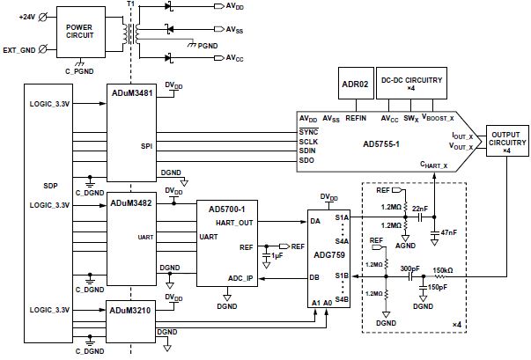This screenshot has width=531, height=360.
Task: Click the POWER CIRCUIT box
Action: pyautogui.click(x=81, y=32)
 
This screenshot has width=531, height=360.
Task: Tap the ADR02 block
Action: pyautogui.click(x=356, y=84)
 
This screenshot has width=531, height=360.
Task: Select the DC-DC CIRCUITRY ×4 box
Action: pyautogui.click(x=411, y=84)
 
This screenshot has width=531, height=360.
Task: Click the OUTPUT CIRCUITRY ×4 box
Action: pyautogui.click(x=507, y=141)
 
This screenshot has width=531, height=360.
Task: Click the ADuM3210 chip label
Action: pyautogui.click(x=130, y=310)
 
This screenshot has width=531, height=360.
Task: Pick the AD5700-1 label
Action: pyautogui.click(x=227, y=209)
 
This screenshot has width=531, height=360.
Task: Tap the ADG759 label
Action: pyautogui.click(x=329, y=254)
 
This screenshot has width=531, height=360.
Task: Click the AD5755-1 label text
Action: pyautogui.click(x=381, y=144)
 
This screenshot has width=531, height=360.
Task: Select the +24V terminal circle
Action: pyautogui.click(x=42, y=17)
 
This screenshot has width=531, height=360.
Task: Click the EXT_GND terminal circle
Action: pyautogui.click(x=42, y=50)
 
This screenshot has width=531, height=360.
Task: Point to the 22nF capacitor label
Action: pyautogui.click(x=419, y=209)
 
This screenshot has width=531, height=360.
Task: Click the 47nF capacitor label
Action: pyautogui.click(x=449, y=232)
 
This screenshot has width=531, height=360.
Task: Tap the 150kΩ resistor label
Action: pyautogui.click(x=443, y=270)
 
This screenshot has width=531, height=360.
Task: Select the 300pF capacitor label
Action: pyautogui.click(x=409, y=268)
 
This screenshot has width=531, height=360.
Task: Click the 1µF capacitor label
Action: pyautogui.click(x=277, y=256)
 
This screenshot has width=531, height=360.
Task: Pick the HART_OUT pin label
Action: pyautogui.click(x=234, y=223)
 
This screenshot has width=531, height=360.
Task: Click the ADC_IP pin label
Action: pyautogui.click(x=240, y=278)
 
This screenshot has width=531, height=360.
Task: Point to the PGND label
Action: pyautogui.click(x=208, y=46)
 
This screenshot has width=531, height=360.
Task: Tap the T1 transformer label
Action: pyautogui.click(x=130, y=4)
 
